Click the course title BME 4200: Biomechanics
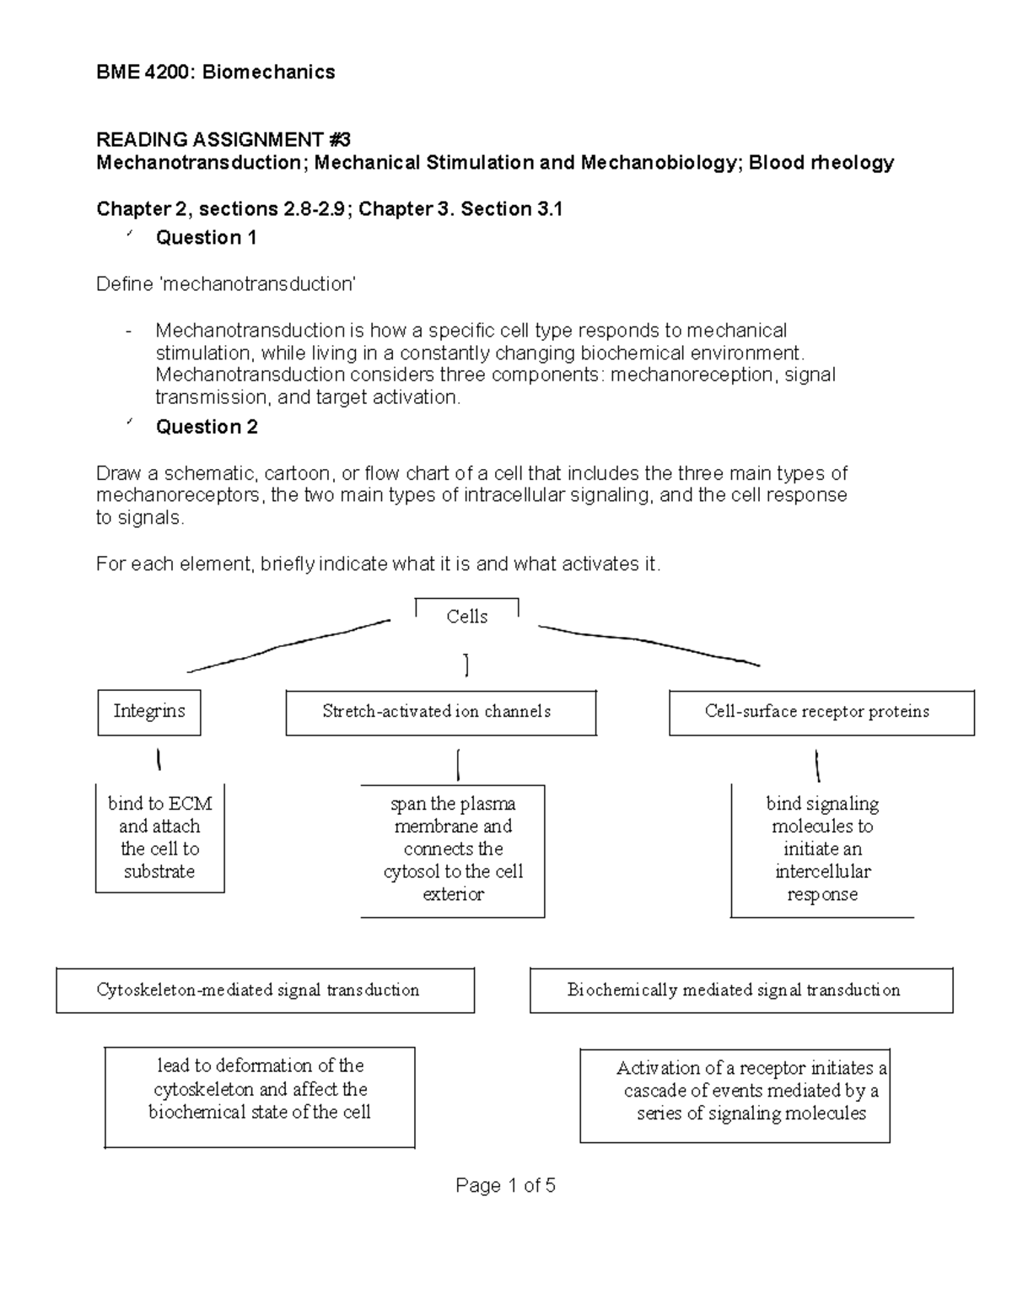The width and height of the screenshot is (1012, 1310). click(216, 73)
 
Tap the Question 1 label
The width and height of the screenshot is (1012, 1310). click(206, 238)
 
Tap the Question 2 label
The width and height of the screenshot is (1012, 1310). click(207, 427)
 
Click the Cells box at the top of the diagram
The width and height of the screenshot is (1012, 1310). click(467, 616)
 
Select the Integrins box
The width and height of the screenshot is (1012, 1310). click(149, 712)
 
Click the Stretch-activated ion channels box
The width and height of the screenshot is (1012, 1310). click(440, 713)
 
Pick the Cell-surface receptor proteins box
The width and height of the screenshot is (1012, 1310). click(821, 713)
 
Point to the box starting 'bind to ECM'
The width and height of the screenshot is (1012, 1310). click(160, 838)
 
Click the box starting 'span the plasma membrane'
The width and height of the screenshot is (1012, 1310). click(453, 849)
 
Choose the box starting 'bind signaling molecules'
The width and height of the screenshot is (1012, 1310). click(822, 849)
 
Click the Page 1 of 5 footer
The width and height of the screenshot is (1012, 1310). click(505, 1186)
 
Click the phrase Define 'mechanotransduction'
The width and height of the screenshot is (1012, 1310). click(226, 284)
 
